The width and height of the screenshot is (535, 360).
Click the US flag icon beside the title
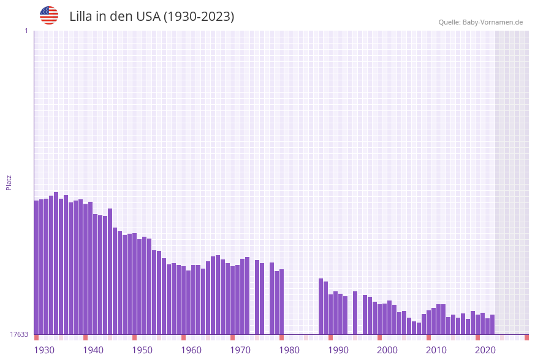pyautogui.click(x=49, y=15)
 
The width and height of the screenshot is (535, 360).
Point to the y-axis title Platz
pyautogui.click(x=9, y=182)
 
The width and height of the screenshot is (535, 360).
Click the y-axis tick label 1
pyautogui.click(x=26, y=31)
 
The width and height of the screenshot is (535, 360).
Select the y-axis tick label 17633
pyautogui.click(x=20, y=334)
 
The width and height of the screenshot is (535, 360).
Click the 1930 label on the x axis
pyautogui.click(x=44, y=350)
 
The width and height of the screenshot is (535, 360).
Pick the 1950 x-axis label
pyautogui.click(x=142, y=350)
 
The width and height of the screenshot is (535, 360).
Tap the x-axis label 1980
pyautogui.click(x=289, y=350)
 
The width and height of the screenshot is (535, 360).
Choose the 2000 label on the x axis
pyautogui.click(x=387, y=350)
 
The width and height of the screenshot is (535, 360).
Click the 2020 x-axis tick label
pyautogui.click(x=485, y=350)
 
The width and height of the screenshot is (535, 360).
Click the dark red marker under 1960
pyautogui.click(x=183, y=337)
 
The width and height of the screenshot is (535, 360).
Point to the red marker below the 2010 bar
pyautogui.click(x=428, y=337)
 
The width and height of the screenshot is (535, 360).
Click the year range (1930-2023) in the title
pyautogui.click(x=199, y=17)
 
